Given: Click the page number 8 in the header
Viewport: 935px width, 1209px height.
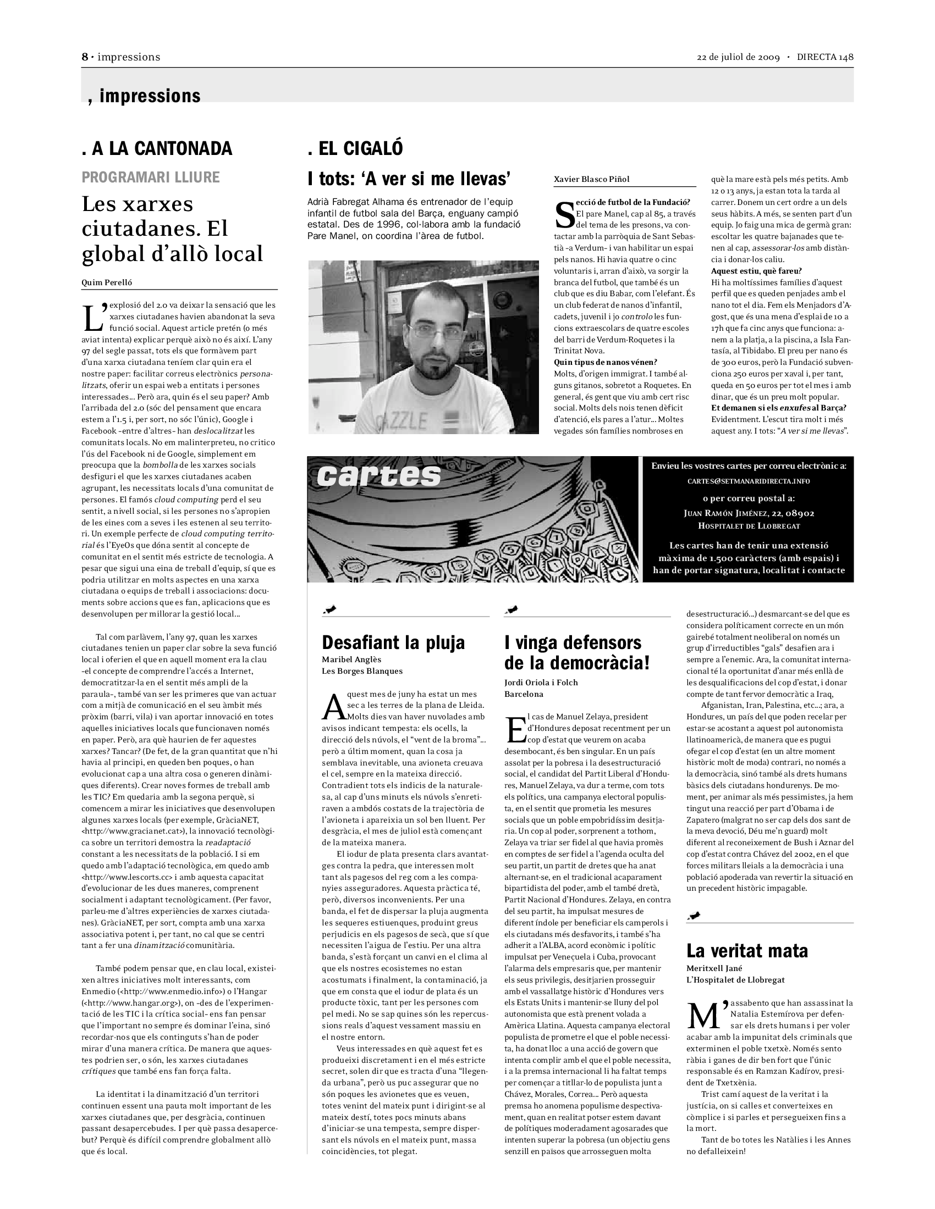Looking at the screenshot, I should (85, 57).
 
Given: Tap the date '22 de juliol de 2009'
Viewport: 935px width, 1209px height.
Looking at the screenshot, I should (738, 58).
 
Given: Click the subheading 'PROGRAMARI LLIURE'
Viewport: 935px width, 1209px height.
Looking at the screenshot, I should (151, 177).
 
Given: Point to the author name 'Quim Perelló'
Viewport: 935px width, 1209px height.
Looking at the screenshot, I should (107, 282).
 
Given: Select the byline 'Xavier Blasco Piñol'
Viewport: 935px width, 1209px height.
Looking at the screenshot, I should (592, 179).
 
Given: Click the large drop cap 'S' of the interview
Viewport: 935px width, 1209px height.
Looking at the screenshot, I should (564, 216).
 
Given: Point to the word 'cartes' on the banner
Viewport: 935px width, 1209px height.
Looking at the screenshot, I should (379, 476).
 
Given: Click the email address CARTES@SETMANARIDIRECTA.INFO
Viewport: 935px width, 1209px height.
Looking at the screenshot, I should (749, 481).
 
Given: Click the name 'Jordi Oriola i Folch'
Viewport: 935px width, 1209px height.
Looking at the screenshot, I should (541, 682).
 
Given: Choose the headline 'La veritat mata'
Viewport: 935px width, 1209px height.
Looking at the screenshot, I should (747, 951).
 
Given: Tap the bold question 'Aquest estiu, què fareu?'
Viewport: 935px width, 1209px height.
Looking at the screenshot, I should (756, 271).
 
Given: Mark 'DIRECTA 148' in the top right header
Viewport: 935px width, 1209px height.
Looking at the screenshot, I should (825, 58).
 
